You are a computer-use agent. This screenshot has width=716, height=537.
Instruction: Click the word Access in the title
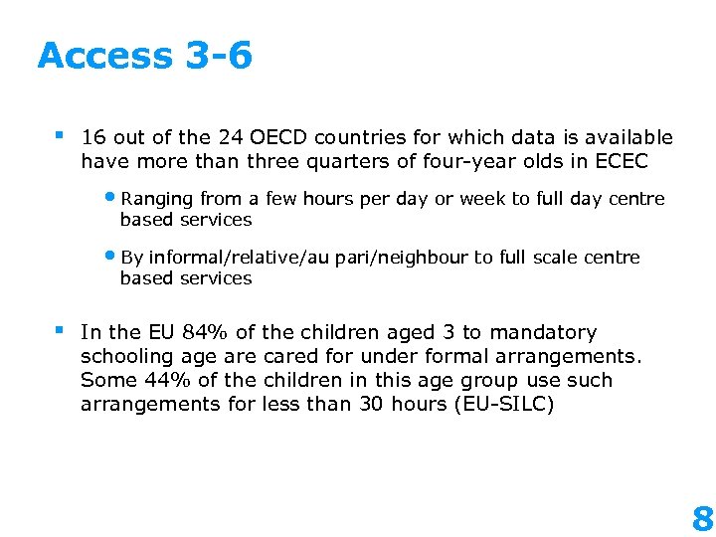point(105,56)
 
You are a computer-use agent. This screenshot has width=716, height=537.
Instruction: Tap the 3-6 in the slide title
point(219,56)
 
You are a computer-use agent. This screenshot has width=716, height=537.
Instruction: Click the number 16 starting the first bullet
point(93,137)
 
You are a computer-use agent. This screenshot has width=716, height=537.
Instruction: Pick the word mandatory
point(545,332)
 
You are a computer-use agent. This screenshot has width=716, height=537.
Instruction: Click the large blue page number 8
point(702,517)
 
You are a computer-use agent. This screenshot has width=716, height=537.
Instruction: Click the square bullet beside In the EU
point(61,329)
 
